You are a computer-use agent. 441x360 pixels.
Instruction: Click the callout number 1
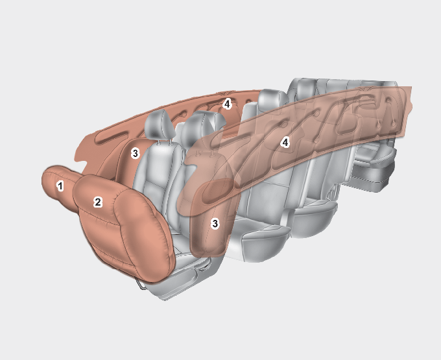[60, 186]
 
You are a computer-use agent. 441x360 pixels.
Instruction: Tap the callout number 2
[97, 202]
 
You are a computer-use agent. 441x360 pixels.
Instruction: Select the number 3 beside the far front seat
[136, 154]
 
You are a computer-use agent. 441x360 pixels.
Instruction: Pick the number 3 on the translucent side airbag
[215, 224]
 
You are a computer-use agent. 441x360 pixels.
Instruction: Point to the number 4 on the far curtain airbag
[227, 104]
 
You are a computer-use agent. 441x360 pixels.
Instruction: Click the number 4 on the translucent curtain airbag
[285, 143]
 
